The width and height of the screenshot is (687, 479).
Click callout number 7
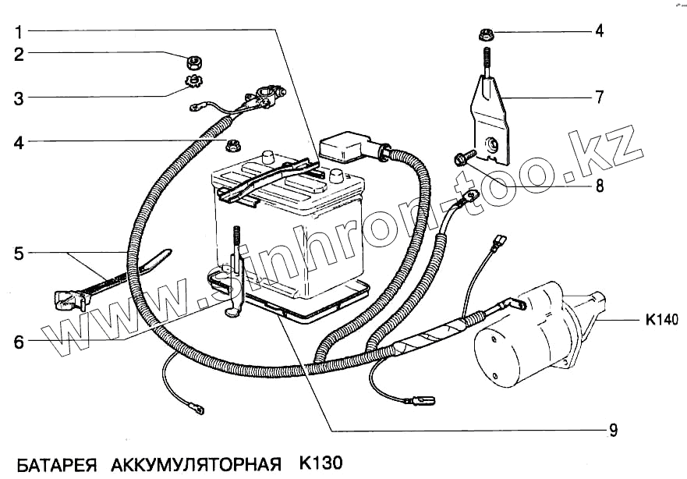(x=599, y=98)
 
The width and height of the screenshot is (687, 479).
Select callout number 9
(x=614, y=429)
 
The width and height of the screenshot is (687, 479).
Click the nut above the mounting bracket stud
(x=484, y=34)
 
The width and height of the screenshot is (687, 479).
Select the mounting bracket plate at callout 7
(x=491, y=125)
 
